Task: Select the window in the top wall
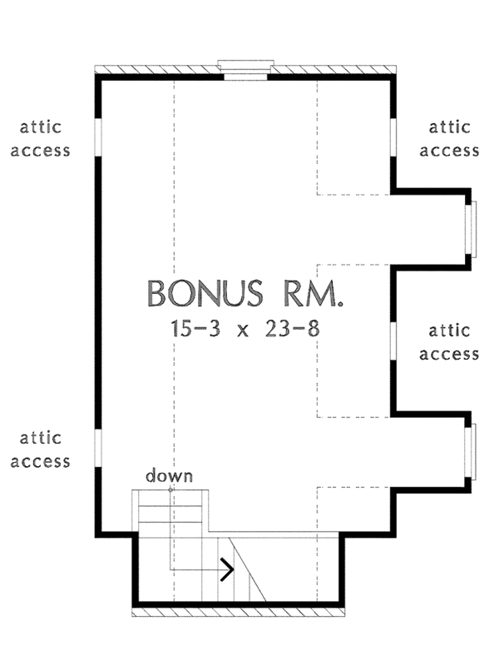coord(245,69)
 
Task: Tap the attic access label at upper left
coord(45,139)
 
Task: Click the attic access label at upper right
coord(450,139)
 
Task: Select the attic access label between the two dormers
coord(450,341)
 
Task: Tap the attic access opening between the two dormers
coord(392,340)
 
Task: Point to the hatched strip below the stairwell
coord(241,613)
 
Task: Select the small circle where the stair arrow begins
coord(171,490)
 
